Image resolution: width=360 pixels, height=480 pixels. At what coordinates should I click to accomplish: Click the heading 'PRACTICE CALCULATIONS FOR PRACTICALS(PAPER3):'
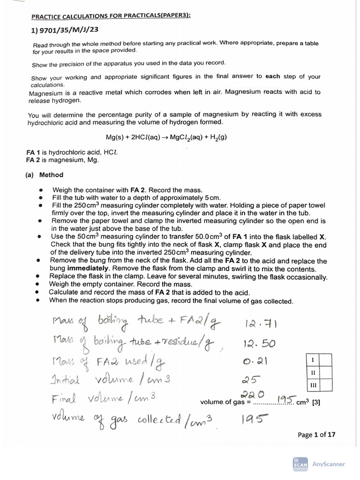111,17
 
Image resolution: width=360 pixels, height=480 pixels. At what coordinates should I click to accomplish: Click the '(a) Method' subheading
45,175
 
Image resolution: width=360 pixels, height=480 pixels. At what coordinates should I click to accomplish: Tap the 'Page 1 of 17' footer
316,435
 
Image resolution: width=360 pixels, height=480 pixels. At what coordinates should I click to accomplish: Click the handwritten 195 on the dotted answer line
285,399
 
